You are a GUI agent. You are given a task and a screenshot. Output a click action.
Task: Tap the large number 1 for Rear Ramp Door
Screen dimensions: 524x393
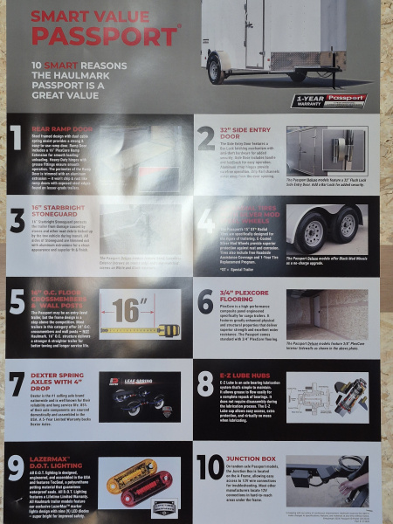[16, 140]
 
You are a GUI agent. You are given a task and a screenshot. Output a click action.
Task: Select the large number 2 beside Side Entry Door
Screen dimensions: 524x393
[207, 140]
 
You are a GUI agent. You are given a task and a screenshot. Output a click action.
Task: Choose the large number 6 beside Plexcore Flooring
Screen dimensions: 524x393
[207, 302]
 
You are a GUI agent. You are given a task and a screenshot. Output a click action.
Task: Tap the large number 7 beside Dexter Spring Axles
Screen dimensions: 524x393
[16, 385]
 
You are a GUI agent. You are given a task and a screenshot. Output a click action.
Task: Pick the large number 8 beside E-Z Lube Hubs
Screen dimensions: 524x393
[207, 385]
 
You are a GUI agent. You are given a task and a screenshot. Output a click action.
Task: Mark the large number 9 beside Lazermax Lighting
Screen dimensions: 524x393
[16, 469]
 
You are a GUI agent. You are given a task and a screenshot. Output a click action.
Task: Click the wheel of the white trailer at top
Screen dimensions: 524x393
[216, 70]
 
